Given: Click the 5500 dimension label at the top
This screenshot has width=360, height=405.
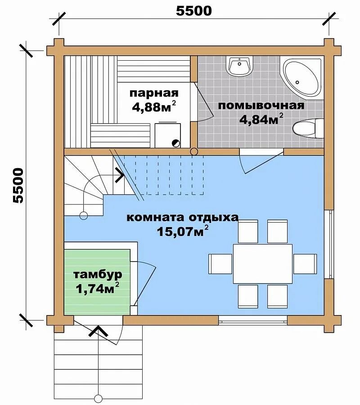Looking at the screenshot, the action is point(194,11).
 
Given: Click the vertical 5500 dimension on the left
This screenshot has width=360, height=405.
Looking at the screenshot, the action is point(18,185).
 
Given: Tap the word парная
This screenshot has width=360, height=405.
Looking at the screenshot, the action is point(154,93).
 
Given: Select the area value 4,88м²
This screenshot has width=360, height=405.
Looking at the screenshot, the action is point(154,107).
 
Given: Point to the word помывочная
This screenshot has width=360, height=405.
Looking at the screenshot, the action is point(261,105).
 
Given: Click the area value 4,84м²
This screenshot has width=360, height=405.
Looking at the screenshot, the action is point(261,119).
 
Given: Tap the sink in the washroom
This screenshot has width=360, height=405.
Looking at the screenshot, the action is point(239,66).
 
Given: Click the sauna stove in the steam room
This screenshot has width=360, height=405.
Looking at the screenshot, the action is point(167,135).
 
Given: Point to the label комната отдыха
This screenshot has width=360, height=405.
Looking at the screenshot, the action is point(182,218).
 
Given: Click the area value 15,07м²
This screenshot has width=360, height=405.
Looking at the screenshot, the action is point(183,231).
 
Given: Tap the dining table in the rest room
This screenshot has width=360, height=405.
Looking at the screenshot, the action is point(263,264).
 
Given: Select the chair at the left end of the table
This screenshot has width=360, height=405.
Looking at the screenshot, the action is point(220,264).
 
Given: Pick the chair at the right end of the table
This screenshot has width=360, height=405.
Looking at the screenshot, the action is point(305,264).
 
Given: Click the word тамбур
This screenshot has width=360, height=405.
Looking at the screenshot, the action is point(98,275).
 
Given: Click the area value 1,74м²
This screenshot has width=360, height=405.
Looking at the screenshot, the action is point(98,288).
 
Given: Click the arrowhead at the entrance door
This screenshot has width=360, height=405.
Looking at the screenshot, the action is point(98,331).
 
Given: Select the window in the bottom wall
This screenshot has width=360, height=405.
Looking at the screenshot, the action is point(253,320).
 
